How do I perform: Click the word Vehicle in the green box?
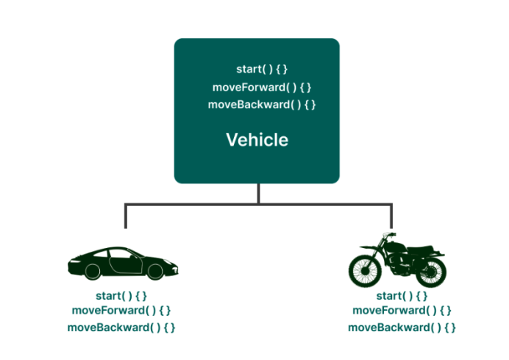(257, 140)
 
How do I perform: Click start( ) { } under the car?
(121, 296)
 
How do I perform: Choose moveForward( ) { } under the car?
(121, 311)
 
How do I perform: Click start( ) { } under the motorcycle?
(402, 296)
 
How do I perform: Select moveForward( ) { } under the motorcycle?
(402, 311)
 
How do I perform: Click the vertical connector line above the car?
(126, 215)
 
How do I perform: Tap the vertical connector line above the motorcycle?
(391, 215)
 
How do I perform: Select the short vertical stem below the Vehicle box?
(257, 193)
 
